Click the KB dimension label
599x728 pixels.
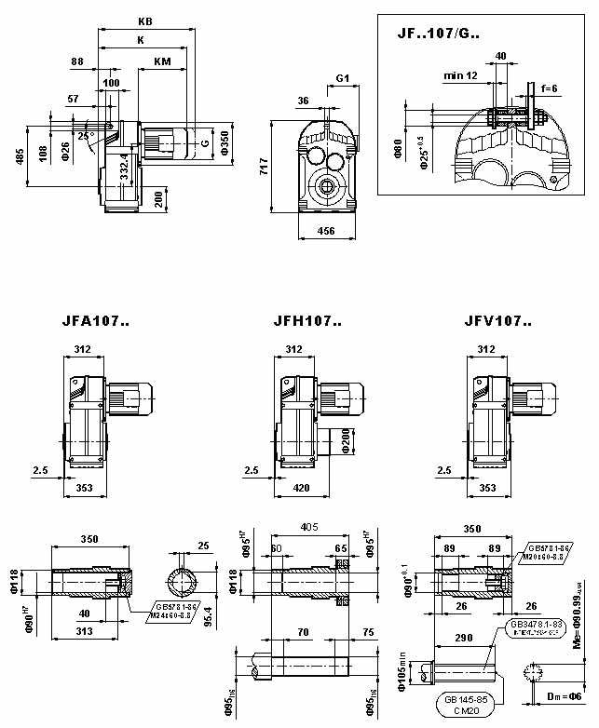coord(145,20)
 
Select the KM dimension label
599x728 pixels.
coord(162,62)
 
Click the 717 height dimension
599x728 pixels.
coord(264,167)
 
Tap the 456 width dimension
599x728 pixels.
coord(326,230)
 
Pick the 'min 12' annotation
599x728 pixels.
coord(460,74)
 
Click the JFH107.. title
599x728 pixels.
coord(307,322)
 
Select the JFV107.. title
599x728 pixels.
coord(498,322)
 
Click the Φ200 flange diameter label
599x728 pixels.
coord(347,437)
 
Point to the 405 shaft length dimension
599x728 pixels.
coord(308,526)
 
